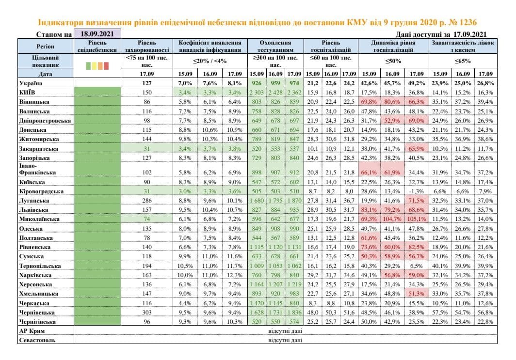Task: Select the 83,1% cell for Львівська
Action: click(x=370, y=210)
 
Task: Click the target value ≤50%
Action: click(x=393, y=61)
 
